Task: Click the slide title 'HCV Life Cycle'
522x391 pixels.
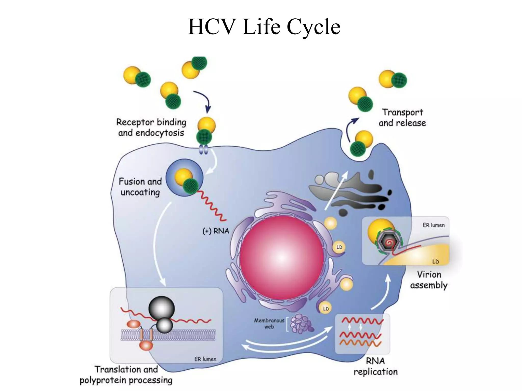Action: [x=264, y=27]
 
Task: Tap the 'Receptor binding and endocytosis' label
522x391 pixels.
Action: [x=151, y=127]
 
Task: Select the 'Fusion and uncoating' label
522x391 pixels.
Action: [x=140, y=187]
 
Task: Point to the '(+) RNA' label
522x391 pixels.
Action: [x=216, y=231]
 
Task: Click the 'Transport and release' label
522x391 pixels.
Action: [x=402, y=118]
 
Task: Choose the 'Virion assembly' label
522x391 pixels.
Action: [x=429, y=280]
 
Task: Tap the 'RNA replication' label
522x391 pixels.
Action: [x=375, y=366]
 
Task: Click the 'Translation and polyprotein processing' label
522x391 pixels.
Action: [x=126, y=374]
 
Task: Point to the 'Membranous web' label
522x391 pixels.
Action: [x=269, y=323]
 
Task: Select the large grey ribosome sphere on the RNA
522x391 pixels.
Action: [x=161, y=308]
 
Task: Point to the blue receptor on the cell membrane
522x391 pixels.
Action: [x=203, y=149]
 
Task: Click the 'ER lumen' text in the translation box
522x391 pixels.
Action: [x=205, y=359]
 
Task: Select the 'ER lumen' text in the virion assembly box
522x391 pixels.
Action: [x=434, y=225]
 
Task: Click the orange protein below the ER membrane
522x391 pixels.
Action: [x=146, y=346]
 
